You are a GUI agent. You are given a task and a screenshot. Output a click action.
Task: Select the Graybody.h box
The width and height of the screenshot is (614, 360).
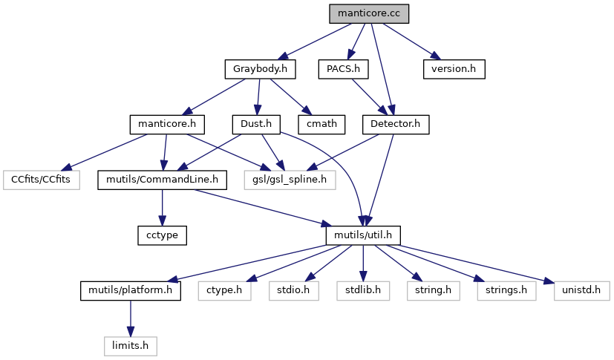[260, 69]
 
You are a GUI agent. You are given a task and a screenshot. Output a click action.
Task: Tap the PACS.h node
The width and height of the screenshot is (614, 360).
[343, 69]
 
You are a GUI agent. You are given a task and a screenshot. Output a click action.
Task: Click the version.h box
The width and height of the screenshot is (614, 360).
[454, 69]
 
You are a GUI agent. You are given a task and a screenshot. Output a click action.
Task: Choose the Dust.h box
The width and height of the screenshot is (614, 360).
[255, 124]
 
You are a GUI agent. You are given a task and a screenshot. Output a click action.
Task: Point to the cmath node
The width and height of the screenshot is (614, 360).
[321, 124]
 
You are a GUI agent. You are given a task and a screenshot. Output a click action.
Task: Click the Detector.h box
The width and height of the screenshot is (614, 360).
[395, 124]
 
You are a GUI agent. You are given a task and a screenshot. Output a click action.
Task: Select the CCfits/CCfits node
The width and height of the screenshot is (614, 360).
[42, 180]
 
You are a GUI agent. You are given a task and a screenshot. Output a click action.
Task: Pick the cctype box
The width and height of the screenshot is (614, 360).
[161, 235]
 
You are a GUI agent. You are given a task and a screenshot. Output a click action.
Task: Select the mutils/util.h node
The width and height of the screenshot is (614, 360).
[363, 235]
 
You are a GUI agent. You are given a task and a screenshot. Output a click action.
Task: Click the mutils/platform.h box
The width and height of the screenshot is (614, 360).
[131, 290]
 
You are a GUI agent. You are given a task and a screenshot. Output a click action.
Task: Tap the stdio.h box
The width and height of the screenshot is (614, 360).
[293, 290]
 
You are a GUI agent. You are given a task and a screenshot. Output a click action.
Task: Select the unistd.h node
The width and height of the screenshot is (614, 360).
[501, 290]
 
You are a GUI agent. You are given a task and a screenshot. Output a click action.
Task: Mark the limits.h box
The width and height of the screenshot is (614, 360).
[131, 345]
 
